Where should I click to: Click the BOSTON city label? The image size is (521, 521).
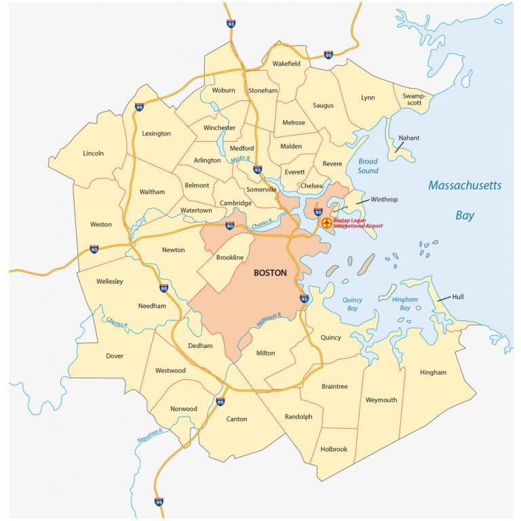pos(269,273)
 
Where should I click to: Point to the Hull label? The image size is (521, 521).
pos(458,296)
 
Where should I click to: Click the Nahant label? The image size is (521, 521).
pos(409,138)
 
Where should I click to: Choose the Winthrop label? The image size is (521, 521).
pos(384,199)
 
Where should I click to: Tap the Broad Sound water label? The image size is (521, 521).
pos(368,166)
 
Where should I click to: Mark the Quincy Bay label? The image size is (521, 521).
pos(352,303)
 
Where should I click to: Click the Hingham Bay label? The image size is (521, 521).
pos(405,303)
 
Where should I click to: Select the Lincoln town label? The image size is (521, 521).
pos(94,153)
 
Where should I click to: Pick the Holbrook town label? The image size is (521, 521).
pos(334,449)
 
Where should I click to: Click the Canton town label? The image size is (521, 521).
pos(237,419)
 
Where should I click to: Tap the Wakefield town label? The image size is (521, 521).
pos(286,63)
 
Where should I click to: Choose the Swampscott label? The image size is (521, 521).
pos(413,99)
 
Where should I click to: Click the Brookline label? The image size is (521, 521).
pos(229,258)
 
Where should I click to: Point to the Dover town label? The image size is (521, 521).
pos(115,355)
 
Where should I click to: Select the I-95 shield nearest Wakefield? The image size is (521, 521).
pos(328,54)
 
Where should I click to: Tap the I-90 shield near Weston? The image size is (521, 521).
pos(94,250)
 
